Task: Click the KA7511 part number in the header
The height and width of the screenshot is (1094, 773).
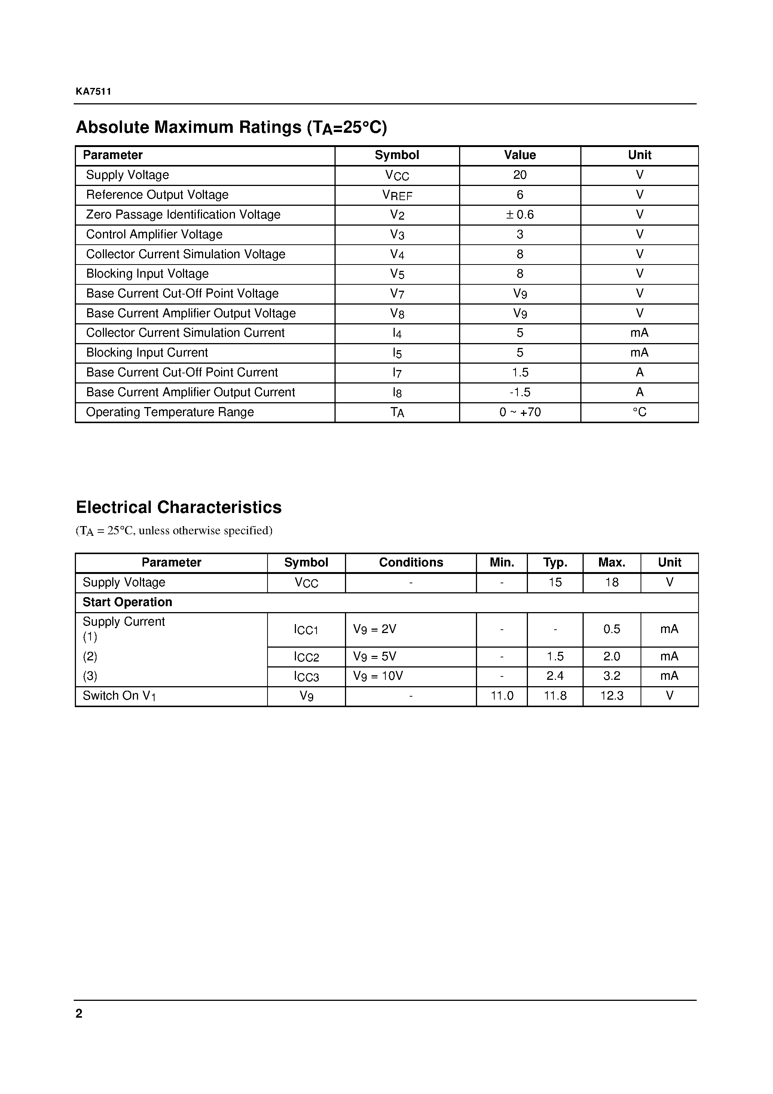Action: (x=94, y=92)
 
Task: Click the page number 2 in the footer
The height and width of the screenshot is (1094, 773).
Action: (x=79, y=1014)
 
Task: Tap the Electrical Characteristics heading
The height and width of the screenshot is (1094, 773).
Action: (x=179, y=507)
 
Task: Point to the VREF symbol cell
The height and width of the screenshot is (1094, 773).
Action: (x=397, y=195)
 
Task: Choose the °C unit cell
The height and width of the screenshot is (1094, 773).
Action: (x=639, y=412)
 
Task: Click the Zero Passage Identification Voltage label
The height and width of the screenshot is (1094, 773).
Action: (x=183, y=215)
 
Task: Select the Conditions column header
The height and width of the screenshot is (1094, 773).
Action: (x=411, y=563)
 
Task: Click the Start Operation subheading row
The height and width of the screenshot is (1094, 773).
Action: (x=127, y=602)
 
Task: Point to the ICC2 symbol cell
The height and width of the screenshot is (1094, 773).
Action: (x=306, y=657)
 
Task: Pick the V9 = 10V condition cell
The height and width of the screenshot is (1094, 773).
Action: (x=378, y=676)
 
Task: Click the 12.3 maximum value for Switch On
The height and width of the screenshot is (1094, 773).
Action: (x=611, y=696)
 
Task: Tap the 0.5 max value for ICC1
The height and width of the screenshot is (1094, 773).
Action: (x=611, y=629)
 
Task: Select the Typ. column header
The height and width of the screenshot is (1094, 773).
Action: (x=555, y=563)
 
